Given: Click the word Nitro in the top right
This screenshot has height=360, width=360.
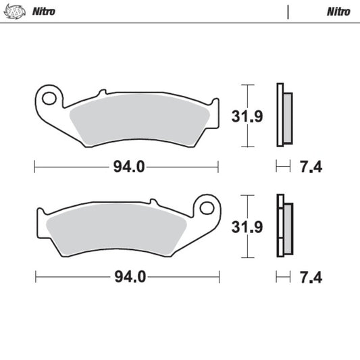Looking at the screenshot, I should tap(338, 11).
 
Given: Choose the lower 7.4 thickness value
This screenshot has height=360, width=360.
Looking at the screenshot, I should tap(310, 277).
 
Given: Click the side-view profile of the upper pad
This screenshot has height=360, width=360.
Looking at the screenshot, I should tap(284, 115).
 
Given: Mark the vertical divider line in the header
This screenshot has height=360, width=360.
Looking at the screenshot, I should tap(288, 11).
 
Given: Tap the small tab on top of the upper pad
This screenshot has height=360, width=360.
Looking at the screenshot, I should tap(102, 92).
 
